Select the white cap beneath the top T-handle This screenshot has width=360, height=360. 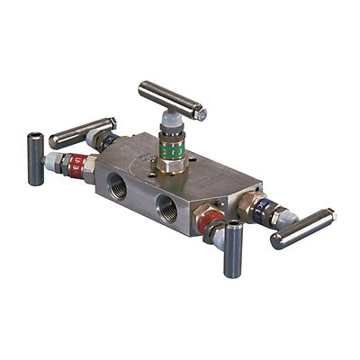(x=172, y=122)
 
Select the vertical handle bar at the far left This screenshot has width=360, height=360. (x=36, y=157)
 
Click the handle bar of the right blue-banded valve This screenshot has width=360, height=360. (x=302, y=229)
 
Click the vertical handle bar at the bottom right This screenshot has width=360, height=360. (x=233, y=250)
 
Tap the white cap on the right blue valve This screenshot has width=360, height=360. (x=278, y=217)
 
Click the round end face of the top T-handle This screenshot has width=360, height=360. (x=202, y=114)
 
